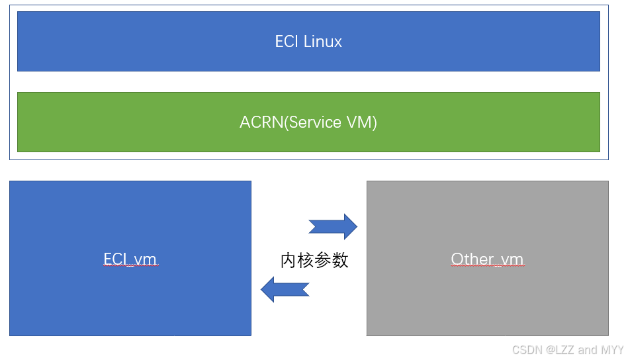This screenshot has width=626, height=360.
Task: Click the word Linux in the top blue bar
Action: click(323, 42)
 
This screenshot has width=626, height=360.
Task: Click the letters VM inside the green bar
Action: click(361, 122)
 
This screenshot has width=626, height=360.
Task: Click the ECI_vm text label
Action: click(130, 259)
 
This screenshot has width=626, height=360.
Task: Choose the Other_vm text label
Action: click(487, 259)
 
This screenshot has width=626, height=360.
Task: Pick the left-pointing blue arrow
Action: click(285, 289)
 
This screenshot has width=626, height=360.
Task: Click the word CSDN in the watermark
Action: click(527, 350)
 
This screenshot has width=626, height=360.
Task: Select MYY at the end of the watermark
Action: click(612, 350)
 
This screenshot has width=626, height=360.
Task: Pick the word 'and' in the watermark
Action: click(588, 350)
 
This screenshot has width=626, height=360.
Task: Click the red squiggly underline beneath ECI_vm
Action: click(130, 266)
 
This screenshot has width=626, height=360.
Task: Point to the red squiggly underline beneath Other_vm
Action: click(487, 266)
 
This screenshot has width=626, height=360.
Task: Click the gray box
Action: click(487, 304)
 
